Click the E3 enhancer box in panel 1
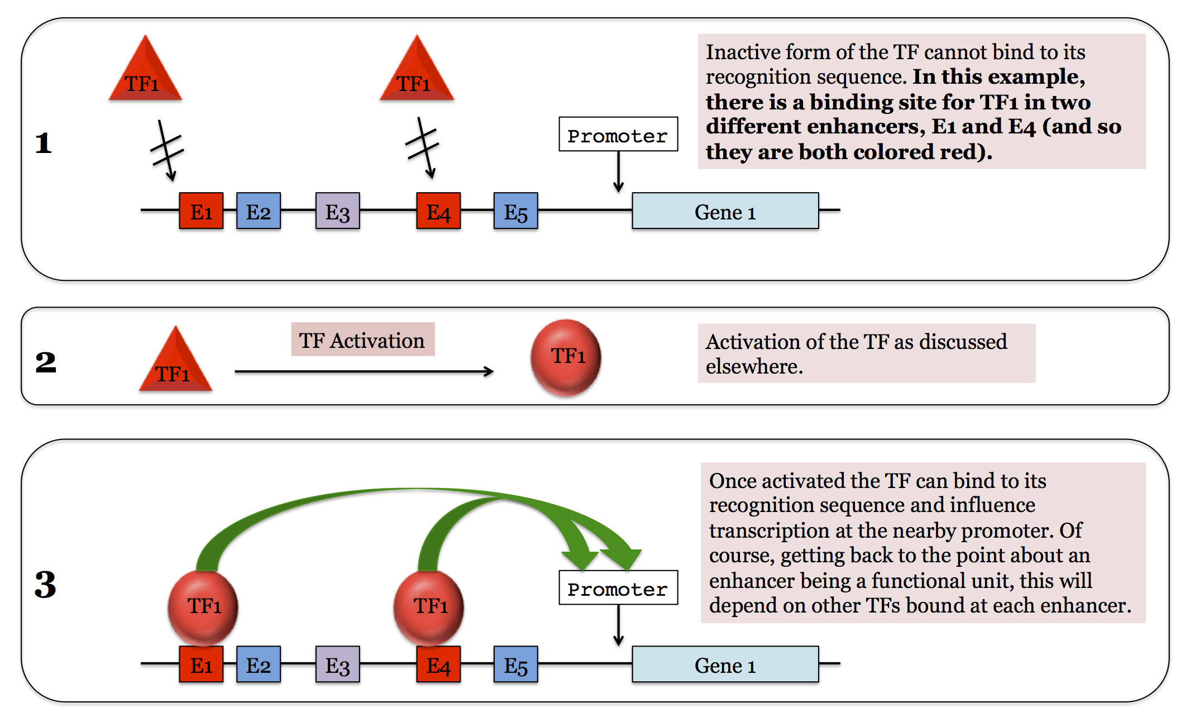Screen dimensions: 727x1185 tap(337, 211)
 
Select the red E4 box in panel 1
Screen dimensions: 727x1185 tap(438, 211)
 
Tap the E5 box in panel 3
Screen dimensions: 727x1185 tap(515, 664)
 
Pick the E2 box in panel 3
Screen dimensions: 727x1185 tap(258, 664)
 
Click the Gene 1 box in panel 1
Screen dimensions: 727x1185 tap(725, 211)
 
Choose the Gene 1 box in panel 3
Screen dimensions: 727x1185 tap(725, 664)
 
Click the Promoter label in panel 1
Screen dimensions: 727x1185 tap(618, 135)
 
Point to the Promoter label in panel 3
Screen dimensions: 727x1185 tap(618, 588)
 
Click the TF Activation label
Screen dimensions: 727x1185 tap(362, 339)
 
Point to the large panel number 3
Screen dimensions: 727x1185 tap(46, 584)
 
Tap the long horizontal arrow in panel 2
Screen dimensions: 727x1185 tap(363, 371)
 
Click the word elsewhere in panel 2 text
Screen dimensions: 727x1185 tap(754, 367)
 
